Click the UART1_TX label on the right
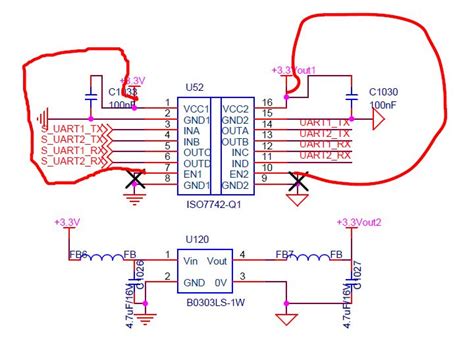[x=324, y=120]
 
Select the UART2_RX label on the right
[x=324, y=153]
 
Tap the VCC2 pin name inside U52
[x=235, y=109]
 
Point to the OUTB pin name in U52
[x=235, y=142]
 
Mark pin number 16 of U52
[x=267, y=102]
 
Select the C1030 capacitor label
[x=385, y=91]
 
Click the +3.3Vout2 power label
[x=359, y=222]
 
